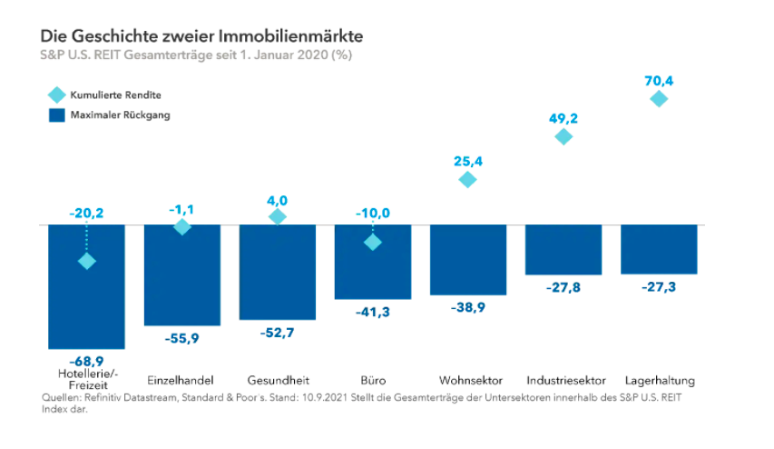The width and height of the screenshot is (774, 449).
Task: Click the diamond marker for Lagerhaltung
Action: click(x=659, y=98)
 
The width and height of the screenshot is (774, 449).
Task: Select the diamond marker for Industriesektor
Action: click(x=563, y=136)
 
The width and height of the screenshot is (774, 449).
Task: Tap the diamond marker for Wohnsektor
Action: click(x=467, y=179)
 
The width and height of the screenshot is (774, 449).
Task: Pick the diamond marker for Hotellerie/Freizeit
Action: click(x=86, y=262)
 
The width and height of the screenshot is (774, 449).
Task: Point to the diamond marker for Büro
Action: click(x=372, y=242)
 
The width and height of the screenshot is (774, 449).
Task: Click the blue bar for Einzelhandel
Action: click(x=181, y=274)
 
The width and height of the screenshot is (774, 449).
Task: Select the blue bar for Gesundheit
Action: click(x=277, y=272)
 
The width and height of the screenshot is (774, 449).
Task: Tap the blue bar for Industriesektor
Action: click(x=563, y=249)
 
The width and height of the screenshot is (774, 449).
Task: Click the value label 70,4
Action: click(x=659, y=81)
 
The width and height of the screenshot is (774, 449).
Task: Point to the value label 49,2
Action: click(x=563, y=118)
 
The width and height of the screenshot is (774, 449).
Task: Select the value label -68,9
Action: click(x=86, y=362)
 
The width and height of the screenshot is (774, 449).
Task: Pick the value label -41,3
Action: click(x=372, y=312)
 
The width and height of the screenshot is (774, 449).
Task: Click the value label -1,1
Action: click(x=181, y=210)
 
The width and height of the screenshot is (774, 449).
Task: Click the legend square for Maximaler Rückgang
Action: click(x=56, y=115)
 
